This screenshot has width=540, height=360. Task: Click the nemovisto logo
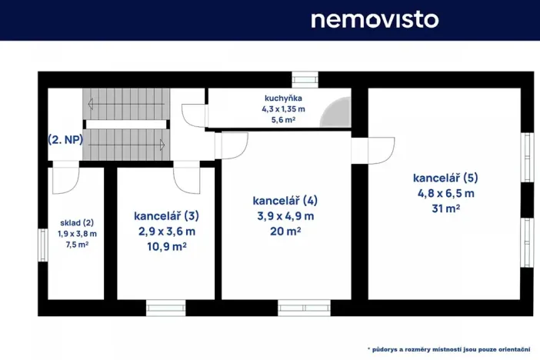pyautogui.click(x=374, y=19)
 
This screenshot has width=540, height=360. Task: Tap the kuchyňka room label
pyautogui.click(x=283, y=98)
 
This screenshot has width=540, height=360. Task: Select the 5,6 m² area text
pyautogui.click(x=283, y=120)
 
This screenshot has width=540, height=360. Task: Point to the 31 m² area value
pyautogui.click(x=446, y=208)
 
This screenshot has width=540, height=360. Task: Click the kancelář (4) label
pyautogui.click(x=285, y=200)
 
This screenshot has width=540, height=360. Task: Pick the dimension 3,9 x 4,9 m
pyautogui.click(x=285, y=215)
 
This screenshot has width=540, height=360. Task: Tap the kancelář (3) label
pyautogui.click(x=166, y=215)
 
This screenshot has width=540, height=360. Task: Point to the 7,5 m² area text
pyautogui.click(x=76, y=245)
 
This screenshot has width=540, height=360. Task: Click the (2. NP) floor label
pyautogui.click(x=65, y=140)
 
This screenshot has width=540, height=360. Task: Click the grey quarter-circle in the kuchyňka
pyautogui.click(x=335, y=116)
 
